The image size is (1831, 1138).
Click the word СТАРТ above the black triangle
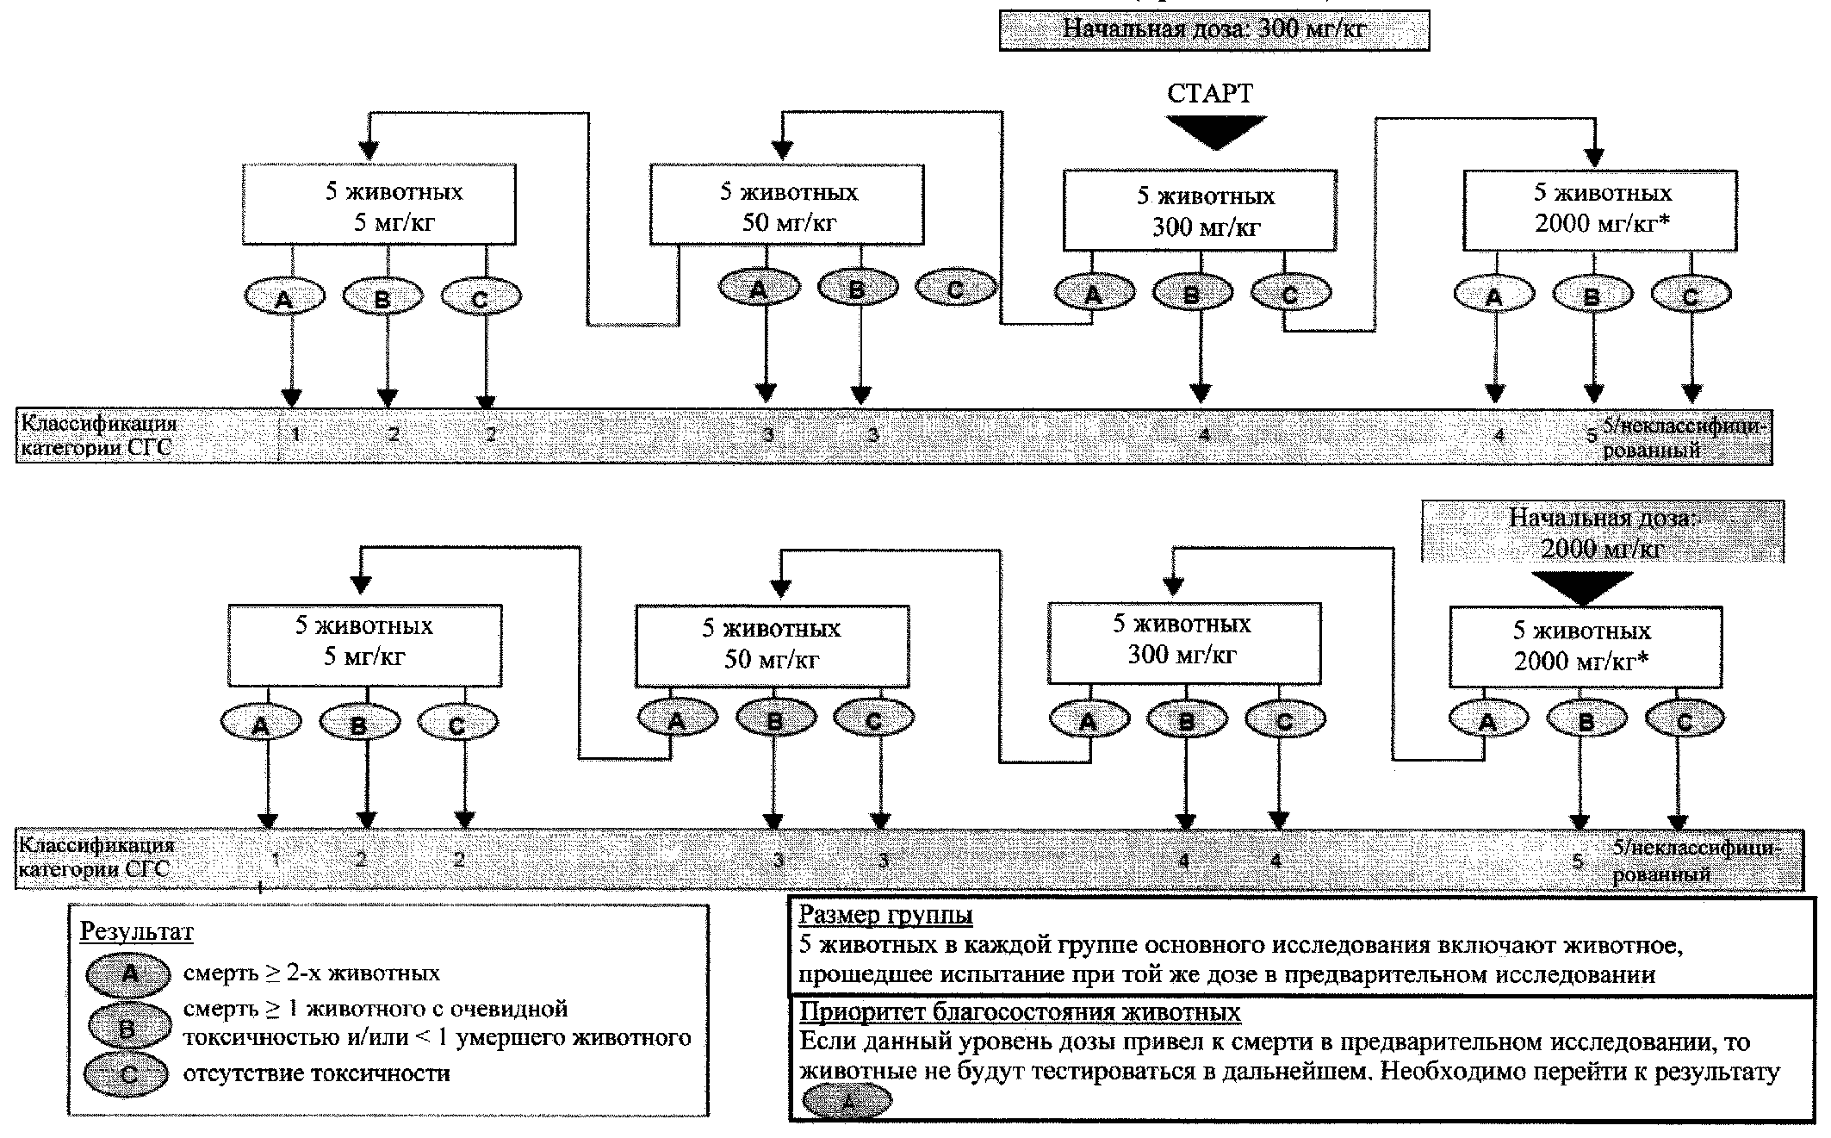(x=1210, y=94)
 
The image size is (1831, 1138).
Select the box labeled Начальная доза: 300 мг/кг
(x=1213, y=30)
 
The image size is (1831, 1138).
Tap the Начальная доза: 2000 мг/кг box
(x=1602, y=532)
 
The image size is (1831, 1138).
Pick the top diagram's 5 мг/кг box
(x=379, y=205)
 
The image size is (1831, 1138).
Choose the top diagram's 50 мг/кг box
(x=786, y=207)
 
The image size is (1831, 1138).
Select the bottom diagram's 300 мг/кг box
(x=1182, y=639)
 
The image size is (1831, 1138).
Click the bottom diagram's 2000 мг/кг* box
(x=1585, y=646)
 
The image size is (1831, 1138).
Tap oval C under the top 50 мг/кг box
(x=955, y=289)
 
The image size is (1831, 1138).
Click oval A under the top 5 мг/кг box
(x=284, y=298)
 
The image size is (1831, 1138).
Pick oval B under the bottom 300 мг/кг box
(x=1187, y=721)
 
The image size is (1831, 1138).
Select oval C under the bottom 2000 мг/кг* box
(x=1685, y=721)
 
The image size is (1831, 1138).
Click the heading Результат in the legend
(x=136, y=931)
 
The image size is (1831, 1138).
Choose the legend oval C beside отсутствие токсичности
(x=127, y=1074)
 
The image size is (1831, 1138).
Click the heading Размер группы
(x=885, y=914)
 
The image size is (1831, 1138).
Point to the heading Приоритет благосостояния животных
(x=1020, y=1011)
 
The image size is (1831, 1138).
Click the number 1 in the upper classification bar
(x=295, y=434)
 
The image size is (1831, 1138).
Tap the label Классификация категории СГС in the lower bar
(x=96, y=857)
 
